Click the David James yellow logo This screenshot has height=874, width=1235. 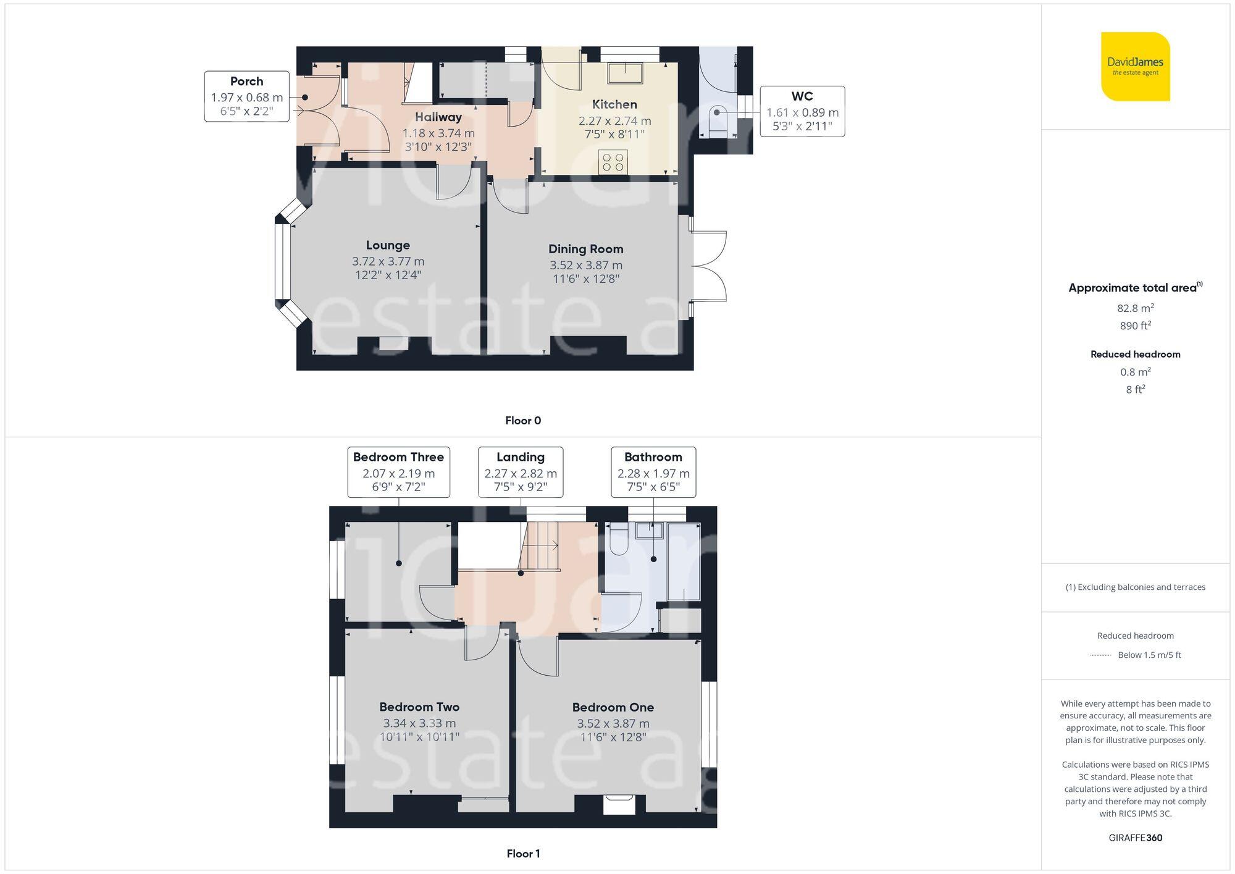tap(1135, 67)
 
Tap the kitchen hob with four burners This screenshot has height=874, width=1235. tap(613, 162)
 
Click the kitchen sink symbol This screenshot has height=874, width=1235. tap(624, 72)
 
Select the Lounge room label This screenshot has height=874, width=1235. tap(388, 245)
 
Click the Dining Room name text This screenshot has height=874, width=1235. tap(585, 249)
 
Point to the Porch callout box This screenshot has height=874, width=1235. tap(247, 96)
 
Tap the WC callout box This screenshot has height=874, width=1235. tap(802, 111)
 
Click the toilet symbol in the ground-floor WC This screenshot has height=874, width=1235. tap(718, 114)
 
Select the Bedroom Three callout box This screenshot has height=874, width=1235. tap(398, 472)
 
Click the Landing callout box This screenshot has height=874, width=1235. tap(521, 472)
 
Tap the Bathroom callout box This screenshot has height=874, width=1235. tap(653, 472)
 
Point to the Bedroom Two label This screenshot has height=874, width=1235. tap(419, 707)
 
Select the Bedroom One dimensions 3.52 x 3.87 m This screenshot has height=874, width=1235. tap(613, 723)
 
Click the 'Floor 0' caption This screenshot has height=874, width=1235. tap(523, 421)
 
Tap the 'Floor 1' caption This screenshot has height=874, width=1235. tap(523, 854)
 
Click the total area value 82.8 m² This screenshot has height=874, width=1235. tap(1135, 308)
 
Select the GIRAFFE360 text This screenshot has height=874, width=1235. tap(1135, 838)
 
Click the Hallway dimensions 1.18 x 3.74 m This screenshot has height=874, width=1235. tap(438, 133)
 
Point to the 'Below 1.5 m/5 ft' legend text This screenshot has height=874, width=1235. tap(1149, 655)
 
